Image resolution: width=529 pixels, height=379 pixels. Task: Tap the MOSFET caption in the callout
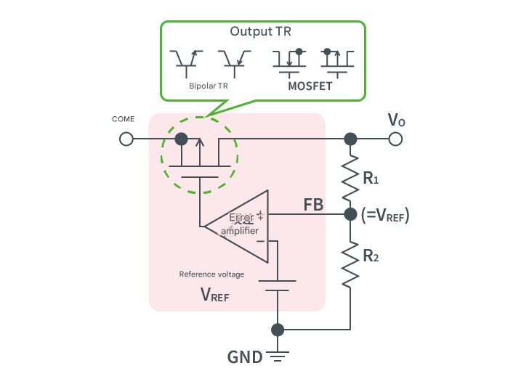coord(310,86)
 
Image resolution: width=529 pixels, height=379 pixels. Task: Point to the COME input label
coord(123,118)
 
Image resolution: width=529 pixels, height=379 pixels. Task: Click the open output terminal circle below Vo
coord(395,139)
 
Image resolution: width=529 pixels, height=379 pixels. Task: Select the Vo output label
coord(396,120)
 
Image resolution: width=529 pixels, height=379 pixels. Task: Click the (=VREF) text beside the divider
coord(385,215)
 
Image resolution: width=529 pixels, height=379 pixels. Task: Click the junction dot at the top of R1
coord(350,139)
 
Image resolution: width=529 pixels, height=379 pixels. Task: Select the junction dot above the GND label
coord(277,330)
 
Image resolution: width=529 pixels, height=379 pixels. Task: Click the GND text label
coord(245,357)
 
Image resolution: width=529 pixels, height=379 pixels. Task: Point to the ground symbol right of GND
coord(277,356)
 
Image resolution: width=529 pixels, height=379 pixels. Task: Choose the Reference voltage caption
coord(211,274)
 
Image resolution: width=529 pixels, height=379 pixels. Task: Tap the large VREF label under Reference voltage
coord(214,294)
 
